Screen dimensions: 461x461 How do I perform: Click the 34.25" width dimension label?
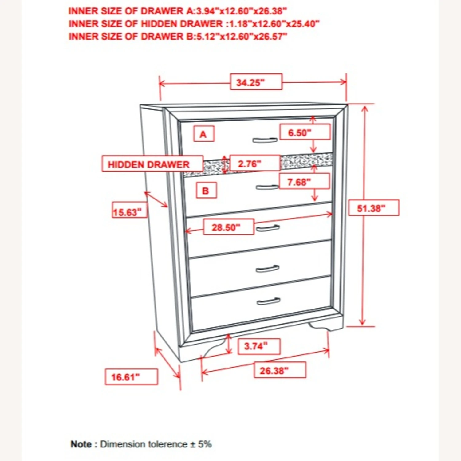256,82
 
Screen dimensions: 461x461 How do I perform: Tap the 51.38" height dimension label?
373,208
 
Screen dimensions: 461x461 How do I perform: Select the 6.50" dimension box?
305,132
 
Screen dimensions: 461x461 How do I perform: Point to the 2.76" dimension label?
254,163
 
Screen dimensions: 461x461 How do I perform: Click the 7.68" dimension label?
304,182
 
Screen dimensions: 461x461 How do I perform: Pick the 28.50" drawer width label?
228,227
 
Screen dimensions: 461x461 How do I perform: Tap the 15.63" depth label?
129,211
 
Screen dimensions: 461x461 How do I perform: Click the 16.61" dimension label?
131,377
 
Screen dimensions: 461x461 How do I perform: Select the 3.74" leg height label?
259,346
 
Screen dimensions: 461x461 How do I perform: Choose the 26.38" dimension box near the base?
280,370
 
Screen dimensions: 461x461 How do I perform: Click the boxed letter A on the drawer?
203,134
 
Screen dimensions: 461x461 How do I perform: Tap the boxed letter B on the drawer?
206,191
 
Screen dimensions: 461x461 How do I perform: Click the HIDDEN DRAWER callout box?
152,164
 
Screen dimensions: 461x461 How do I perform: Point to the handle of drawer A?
265,140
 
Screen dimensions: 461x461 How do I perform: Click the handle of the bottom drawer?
268,301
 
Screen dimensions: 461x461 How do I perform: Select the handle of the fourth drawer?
267,269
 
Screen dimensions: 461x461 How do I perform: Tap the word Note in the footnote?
81,444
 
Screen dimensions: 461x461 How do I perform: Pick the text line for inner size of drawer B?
178,37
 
